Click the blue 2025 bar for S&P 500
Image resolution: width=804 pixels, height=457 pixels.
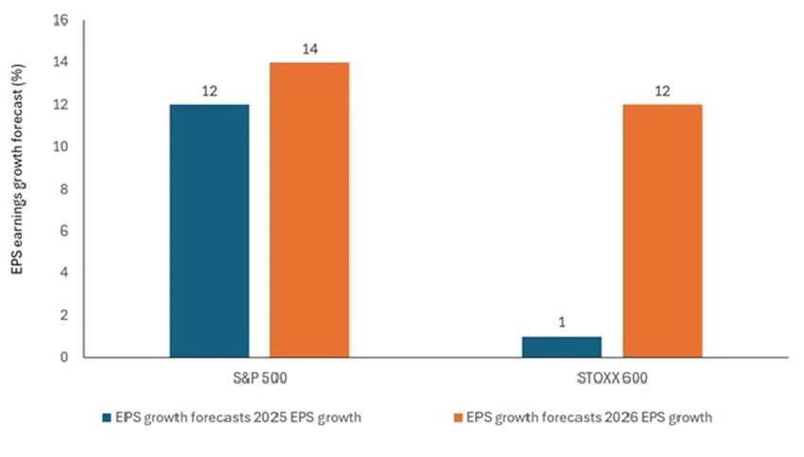point(209,231)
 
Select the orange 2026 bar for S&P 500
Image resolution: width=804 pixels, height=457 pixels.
point(309,210)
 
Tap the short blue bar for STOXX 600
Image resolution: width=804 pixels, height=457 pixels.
point(561,347)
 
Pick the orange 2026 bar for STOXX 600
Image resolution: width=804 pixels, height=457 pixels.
point(661,231)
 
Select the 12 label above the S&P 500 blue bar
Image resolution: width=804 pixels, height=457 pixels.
point(209,91)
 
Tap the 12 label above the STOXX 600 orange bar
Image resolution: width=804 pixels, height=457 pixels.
point(661,91)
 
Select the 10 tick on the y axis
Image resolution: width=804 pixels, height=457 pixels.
point(62,148)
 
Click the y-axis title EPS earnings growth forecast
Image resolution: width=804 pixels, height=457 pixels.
point(18,189)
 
